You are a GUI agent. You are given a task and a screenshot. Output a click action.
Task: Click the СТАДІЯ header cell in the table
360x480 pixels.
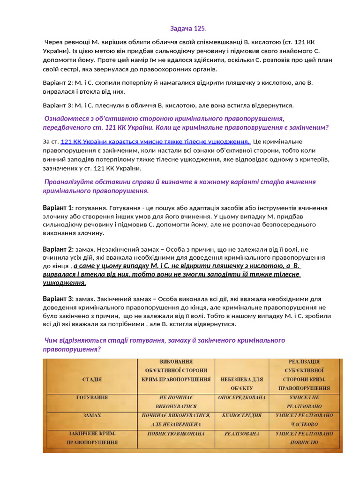click(x=91, y=378)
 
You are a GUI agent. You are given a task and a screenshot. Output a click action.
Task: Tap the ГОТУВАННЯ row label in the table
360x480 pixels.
click(x=92, y=397)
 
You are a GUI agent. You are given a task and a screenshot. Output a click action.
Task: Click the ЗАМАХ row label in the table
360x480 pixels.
click(x=92, y=416)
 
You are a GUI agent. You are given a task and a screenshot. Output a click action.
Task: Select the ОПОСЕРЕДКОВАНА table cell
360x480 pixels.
click(x=242, y=397)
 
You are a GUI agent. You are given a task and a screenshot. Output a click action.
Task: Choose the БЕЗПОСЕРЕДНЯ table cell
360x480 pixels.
click(x=242, y=416)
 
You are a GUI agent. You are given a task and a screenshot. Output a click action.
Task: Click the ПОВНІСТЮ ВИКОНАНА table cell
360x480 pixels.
click(x=175, y=434)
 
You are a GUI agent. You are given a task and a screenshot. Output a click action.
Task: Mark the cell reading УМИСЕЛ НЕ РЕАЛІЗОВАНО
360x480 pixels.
click(x=304, y=402)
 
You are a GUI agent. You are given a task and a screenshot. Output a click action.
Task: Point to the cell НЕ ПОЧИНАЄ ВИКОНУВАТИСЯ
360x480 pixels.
click(x=175, y=402)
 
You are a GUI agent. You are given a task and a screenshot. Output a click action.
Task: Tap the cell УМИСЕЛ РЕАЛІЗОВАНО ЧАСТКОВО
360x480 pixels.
click(x=304, y=420)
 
